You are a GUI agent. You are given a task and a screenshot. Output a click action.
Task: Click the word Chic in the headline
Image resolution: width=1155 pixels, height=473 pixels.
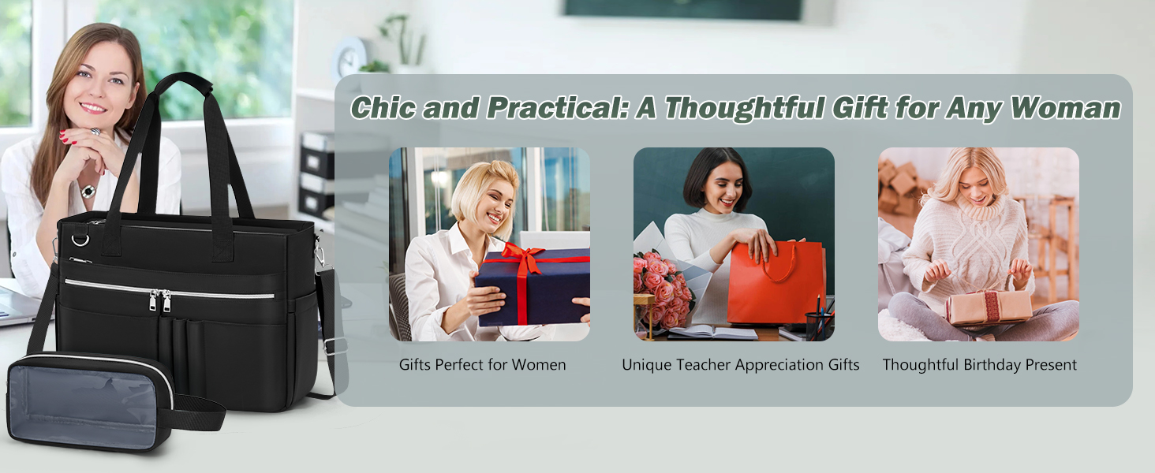coord(383,108)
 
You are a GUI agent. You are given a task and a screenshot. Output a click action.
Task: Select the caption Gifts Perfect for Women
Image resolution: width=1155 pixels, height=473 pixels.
coord(482,365)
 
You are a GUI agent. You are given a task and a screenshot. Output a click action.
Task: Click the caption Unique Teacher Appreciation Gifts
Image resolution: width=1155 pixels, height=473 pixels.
coord(741,365)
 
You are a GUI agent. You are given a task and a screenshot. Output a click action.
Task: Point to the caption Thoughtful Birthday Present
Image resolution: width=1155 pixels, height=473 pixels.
coord(979,365)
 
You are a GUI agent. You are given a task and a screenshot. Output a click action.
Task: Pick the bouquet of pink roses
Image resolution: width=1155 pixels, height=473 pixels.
coord(660,289)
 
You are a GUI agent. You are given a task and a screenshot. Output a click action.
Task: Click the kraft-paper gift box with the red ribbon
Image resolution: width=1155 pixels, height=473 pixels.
coord(989,307)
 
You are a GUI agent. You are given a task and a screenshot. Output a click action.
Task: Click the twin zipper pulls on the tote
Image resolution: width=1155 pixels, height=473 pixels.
coord(159,300)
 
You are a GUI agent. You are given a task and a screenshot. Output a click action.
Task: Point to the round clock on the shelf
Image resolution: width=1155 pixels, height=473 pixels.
coord(349,58)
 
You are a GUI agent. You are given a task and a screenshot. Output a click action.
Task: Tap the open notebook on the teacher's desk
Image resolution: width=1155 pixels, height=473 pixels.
coord(713,333)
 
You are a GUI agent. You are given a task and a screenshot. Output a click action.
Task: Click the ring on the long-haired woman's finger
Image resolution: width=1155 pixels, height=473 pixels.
coord(95,132)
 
